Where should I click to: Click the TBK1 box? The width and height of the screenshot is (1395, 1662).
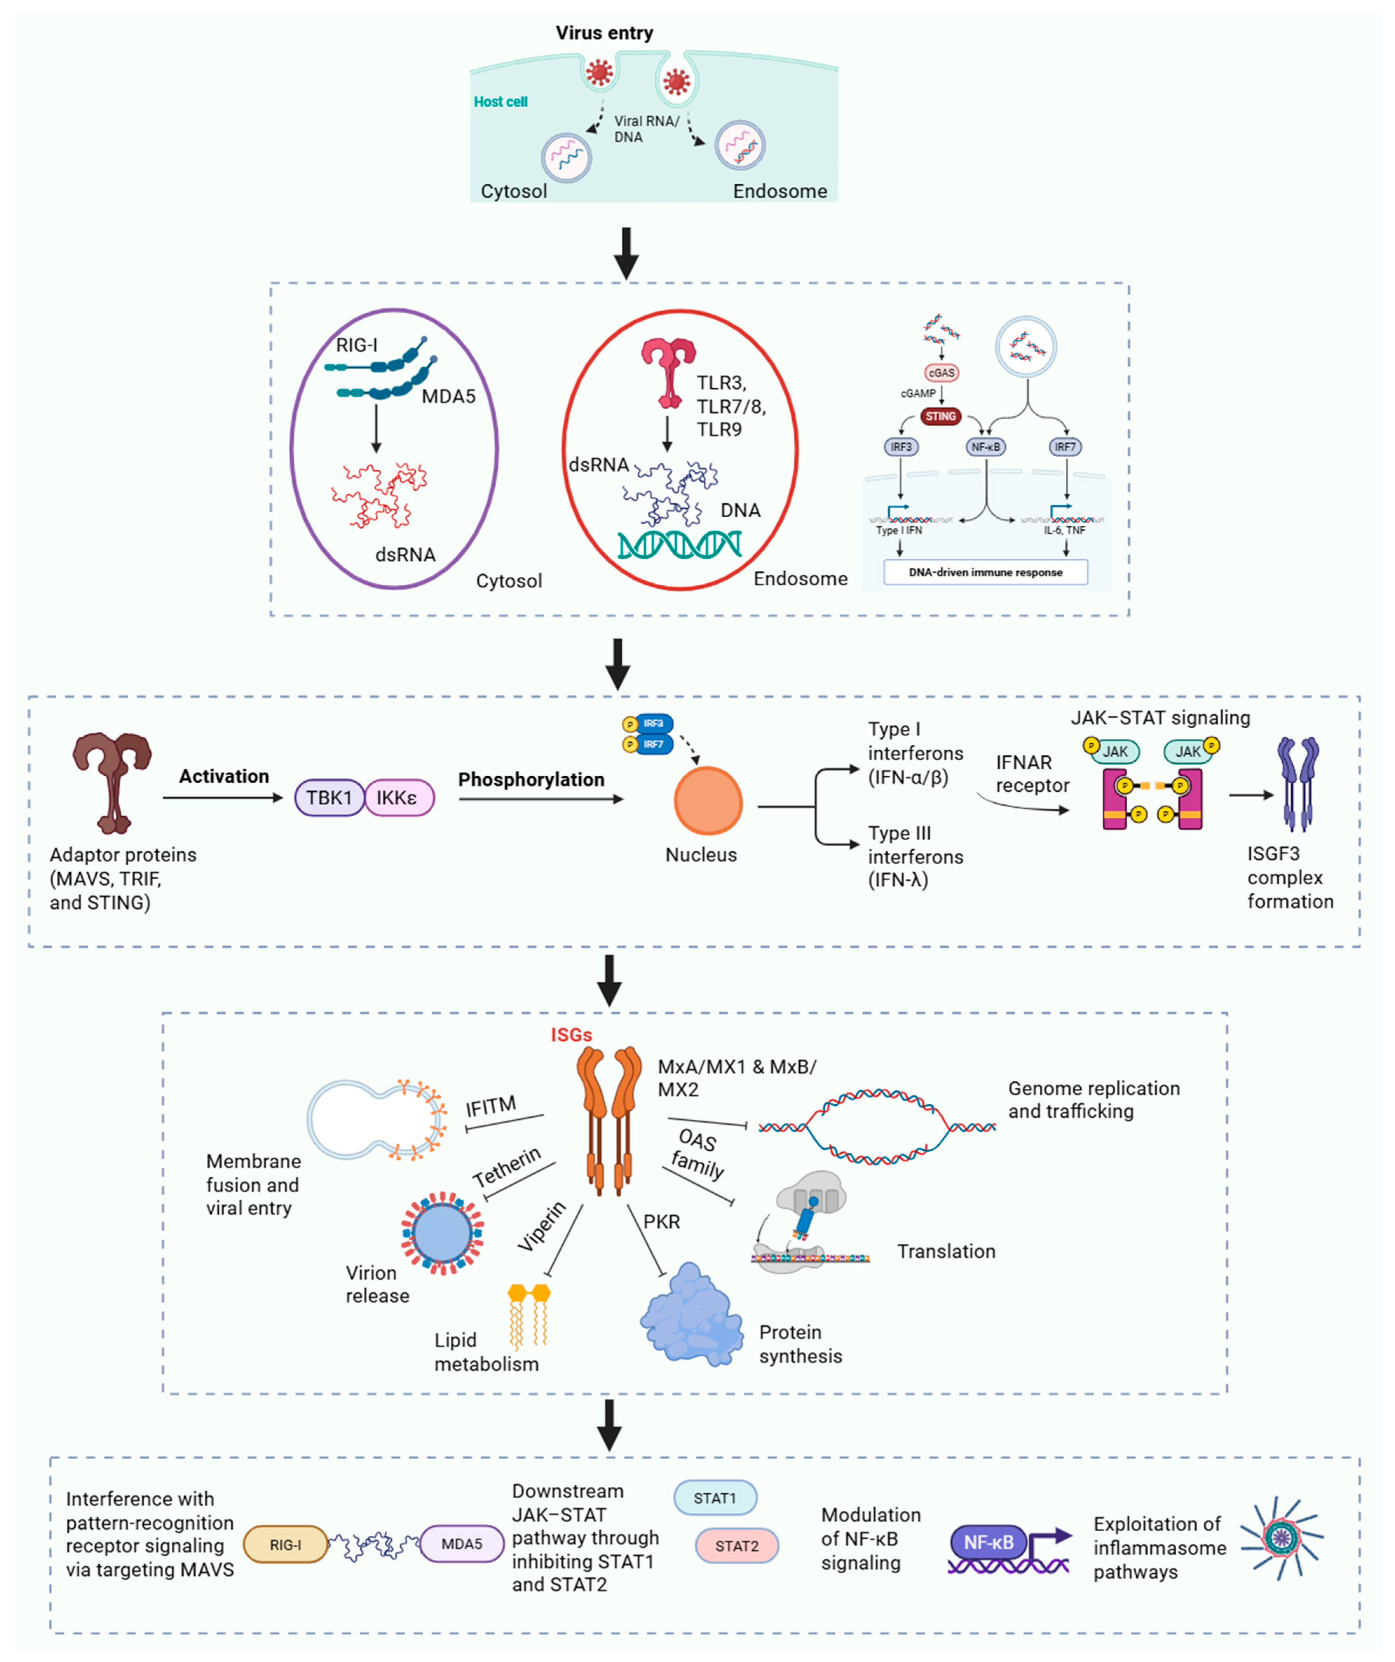click(x=329, y=798)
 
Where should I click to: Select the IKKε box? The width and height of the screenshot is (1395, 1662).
click(x=399, y=798)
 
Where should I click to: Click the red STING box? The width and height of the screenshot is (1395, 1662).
click(x=941, y=416)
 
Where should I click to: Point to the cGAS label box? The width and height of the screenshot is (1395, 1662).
click(x=942, y=372)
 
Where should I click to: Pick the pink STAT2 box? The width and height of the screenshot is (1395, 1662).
click(x=737, y=1546)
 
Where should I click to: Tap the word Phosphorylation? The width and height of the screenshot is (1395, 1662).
click(x=531, y=779)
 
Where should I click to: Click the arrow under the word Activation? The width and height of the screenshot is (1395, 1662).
click(x=223, y=798)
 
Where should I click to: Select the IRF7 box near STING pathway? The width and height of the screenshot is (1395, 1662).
click(x=1065, y=447)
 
